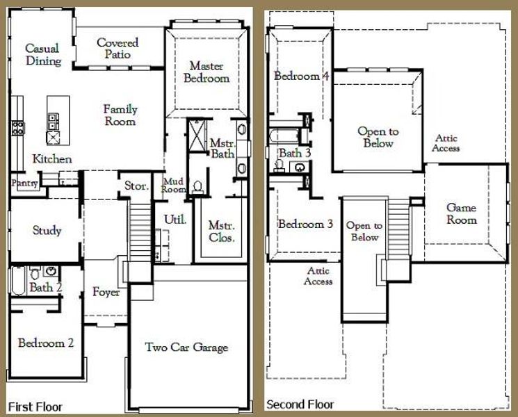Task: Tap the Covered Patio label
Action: [x=118, y=48]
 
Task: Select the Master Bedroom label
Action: [x=206, y=72]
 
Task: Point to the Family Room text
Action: [x=120, y=115]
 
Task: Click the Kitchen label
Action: [x=52, y=159]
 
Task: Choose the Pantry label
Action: [x=24, y=182]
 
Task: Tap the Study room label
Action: [x=47, y=230]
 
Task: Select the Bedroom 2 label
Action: [x=47, y=343]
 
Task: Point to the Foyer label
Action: [x=106, y=292]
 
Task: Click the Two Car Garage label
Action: [x=186, y=347]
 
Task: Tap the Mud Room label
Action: [x=173, y=185]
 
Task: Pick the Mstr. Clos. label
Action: [x=222, y=232]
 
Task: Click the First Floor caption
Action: [x=35, y=406]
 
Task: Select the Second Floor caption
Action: [x=300, y=404]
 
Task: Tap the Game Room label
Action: [x=462, y=213]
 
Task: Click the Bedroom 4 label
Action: [x=301, y=76]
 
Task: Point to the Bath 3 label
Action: [x=296, y=152]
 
